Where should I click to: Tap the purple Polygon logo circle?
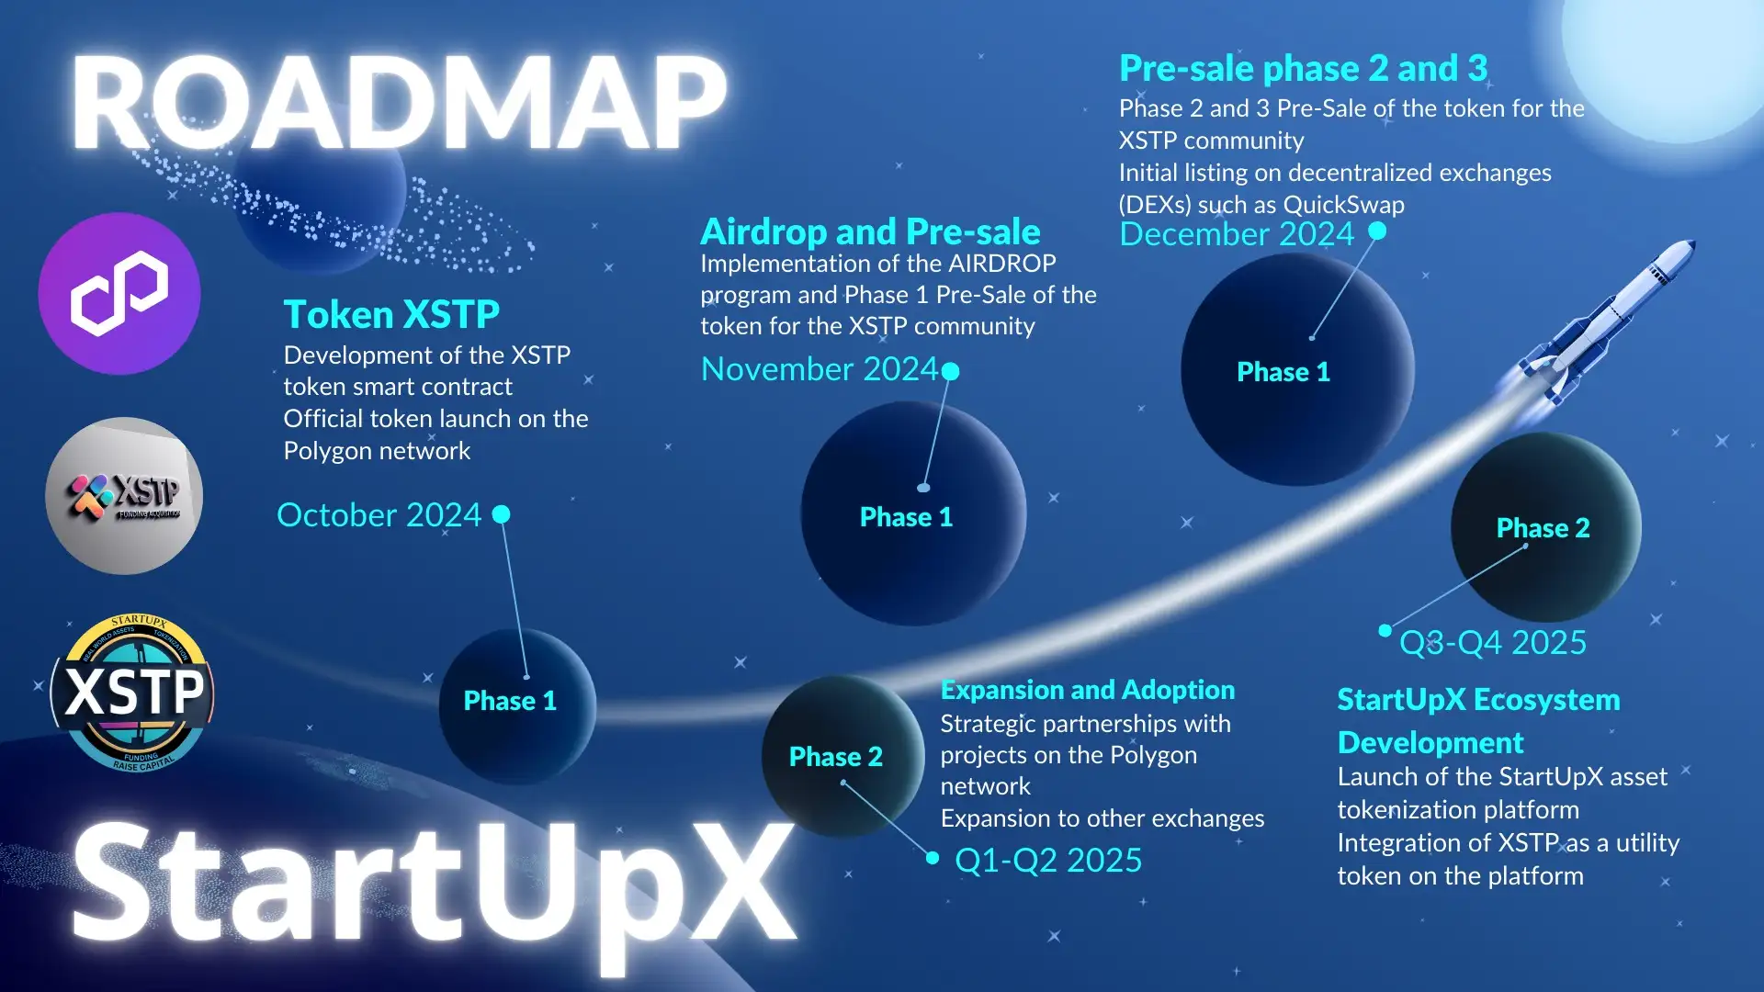(x=119, y=294)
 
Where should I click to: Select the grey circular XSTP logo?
(x=124, y=496)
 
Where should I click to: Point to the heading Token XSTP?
(x=391, y=315)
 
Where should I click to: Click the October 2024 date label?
(x=379, y=515)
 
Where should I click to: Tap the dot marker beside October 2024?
(x=501, y=514)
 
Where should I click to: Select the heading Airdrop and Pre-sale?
(x=870, y=231)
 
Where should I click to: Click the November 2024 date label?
(x=819, y=369)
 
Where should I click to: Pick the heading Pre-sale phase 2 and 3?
(x=1303, y=69)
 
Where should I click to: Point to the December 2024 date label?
(x=1237, y=234)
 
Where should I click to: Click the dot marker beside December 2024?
(x=1377, y=231)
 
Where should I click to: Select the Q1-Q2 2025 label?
(x=1048, y=861)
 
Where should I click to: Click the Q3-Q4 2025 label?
(x=1492, y=643)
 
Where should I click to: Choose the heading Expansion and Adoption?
(x=1088, y=690)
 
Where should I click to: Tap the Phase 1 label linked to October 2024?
(x=510, y=701)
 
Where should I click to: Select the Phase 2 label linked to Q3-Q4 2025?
(x=1543, y=528)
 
